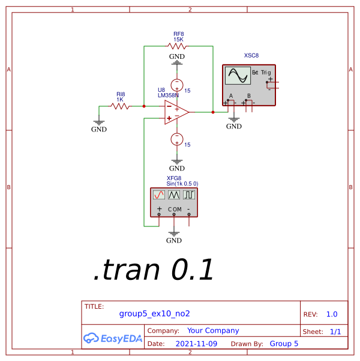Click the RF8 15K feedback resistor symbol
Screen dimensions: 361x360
(x=178, y=46)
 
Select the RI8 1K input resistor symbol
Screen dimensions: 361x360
(x=121, y=106)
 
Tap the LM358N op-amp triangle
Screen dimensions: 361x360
(x=176, y=112)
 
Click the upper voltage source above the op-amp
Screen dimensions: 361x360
(x=177, y=85)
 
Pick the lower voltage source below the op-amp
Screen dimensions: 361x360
(x=177, y=139)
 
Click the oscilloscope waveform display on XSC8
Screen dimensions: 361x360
(x=237, y=76)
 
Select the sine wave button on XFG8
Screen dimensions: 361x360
(x=159, y=195)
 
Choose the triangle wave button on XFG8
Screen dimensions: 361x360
(x=174, y=195)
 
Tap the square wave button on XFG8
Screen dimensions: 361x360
(x=189, y=195)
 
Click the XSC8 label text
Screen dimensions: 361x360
(x=251, y=55)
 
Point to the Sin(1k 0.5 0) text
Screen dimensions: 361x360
(x=182, y=183)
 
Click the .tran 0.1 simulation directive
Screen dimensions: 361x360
(x=154, y=272)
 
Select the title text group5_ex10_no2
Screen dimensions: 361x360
(x=154, y=314)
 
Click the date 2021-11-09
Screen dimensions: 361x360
(x=196, y=344)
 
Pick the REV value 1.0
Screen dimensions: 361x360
(x=332, y=314)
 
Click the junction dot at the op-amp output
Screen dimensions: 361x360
(x=213, y=112)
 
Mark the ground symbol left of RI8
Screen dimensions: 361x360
(x=99, y=122)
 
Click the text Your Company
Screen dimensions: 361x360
(x=213, y=330)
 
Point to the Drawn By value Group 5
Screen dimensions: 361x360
(x=284, y=344)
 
